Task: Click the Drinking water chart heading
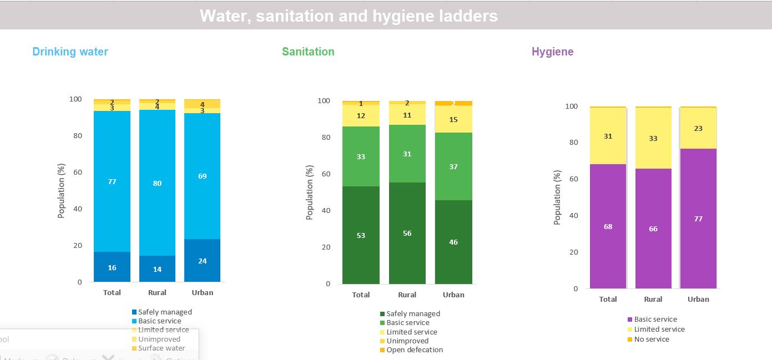pyautogui.click(x=70, y=52)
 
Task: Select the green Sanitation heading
pyautogui.click(x=308, y=52)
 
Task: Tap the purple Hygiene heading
pyautogui.click(x=552, y=52)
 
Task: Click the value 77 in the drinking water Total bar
pyautogui.click(x=112, y=181)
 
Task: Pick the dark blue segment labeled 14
pyautogui.click(x=157, y=269)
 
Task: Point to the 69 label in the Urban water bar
pyautogui.click(x=203, y=176)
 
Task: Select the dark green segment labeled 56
pyautogui.click(x=407, y=234)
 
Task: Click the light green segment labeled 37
pyautogui.click(x=453, y=166)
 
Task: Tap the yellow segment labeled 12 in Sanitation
pyautogui.click(x=361, y=116)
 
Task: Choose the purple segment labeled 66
pyautogui.click(x=653, y=229)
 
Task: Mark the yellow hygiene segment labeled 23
pyautogui.click(x=698, y=128)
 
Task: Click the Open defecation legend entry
pyautogui.click(x=414, y=350)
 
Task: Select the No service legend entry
pyautogui.click(x=651, y=339)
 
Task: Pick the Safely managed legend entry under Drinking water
pyautogui.click(x=164, y=312)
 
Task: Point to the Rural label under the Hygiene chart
pyautogui.click(x=653, y=299)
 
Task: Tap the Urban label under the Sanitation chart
pyautogui.click(x=453, y=295)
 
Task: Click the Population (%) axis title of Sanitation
pyautogui.click(x=310, y=192)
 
